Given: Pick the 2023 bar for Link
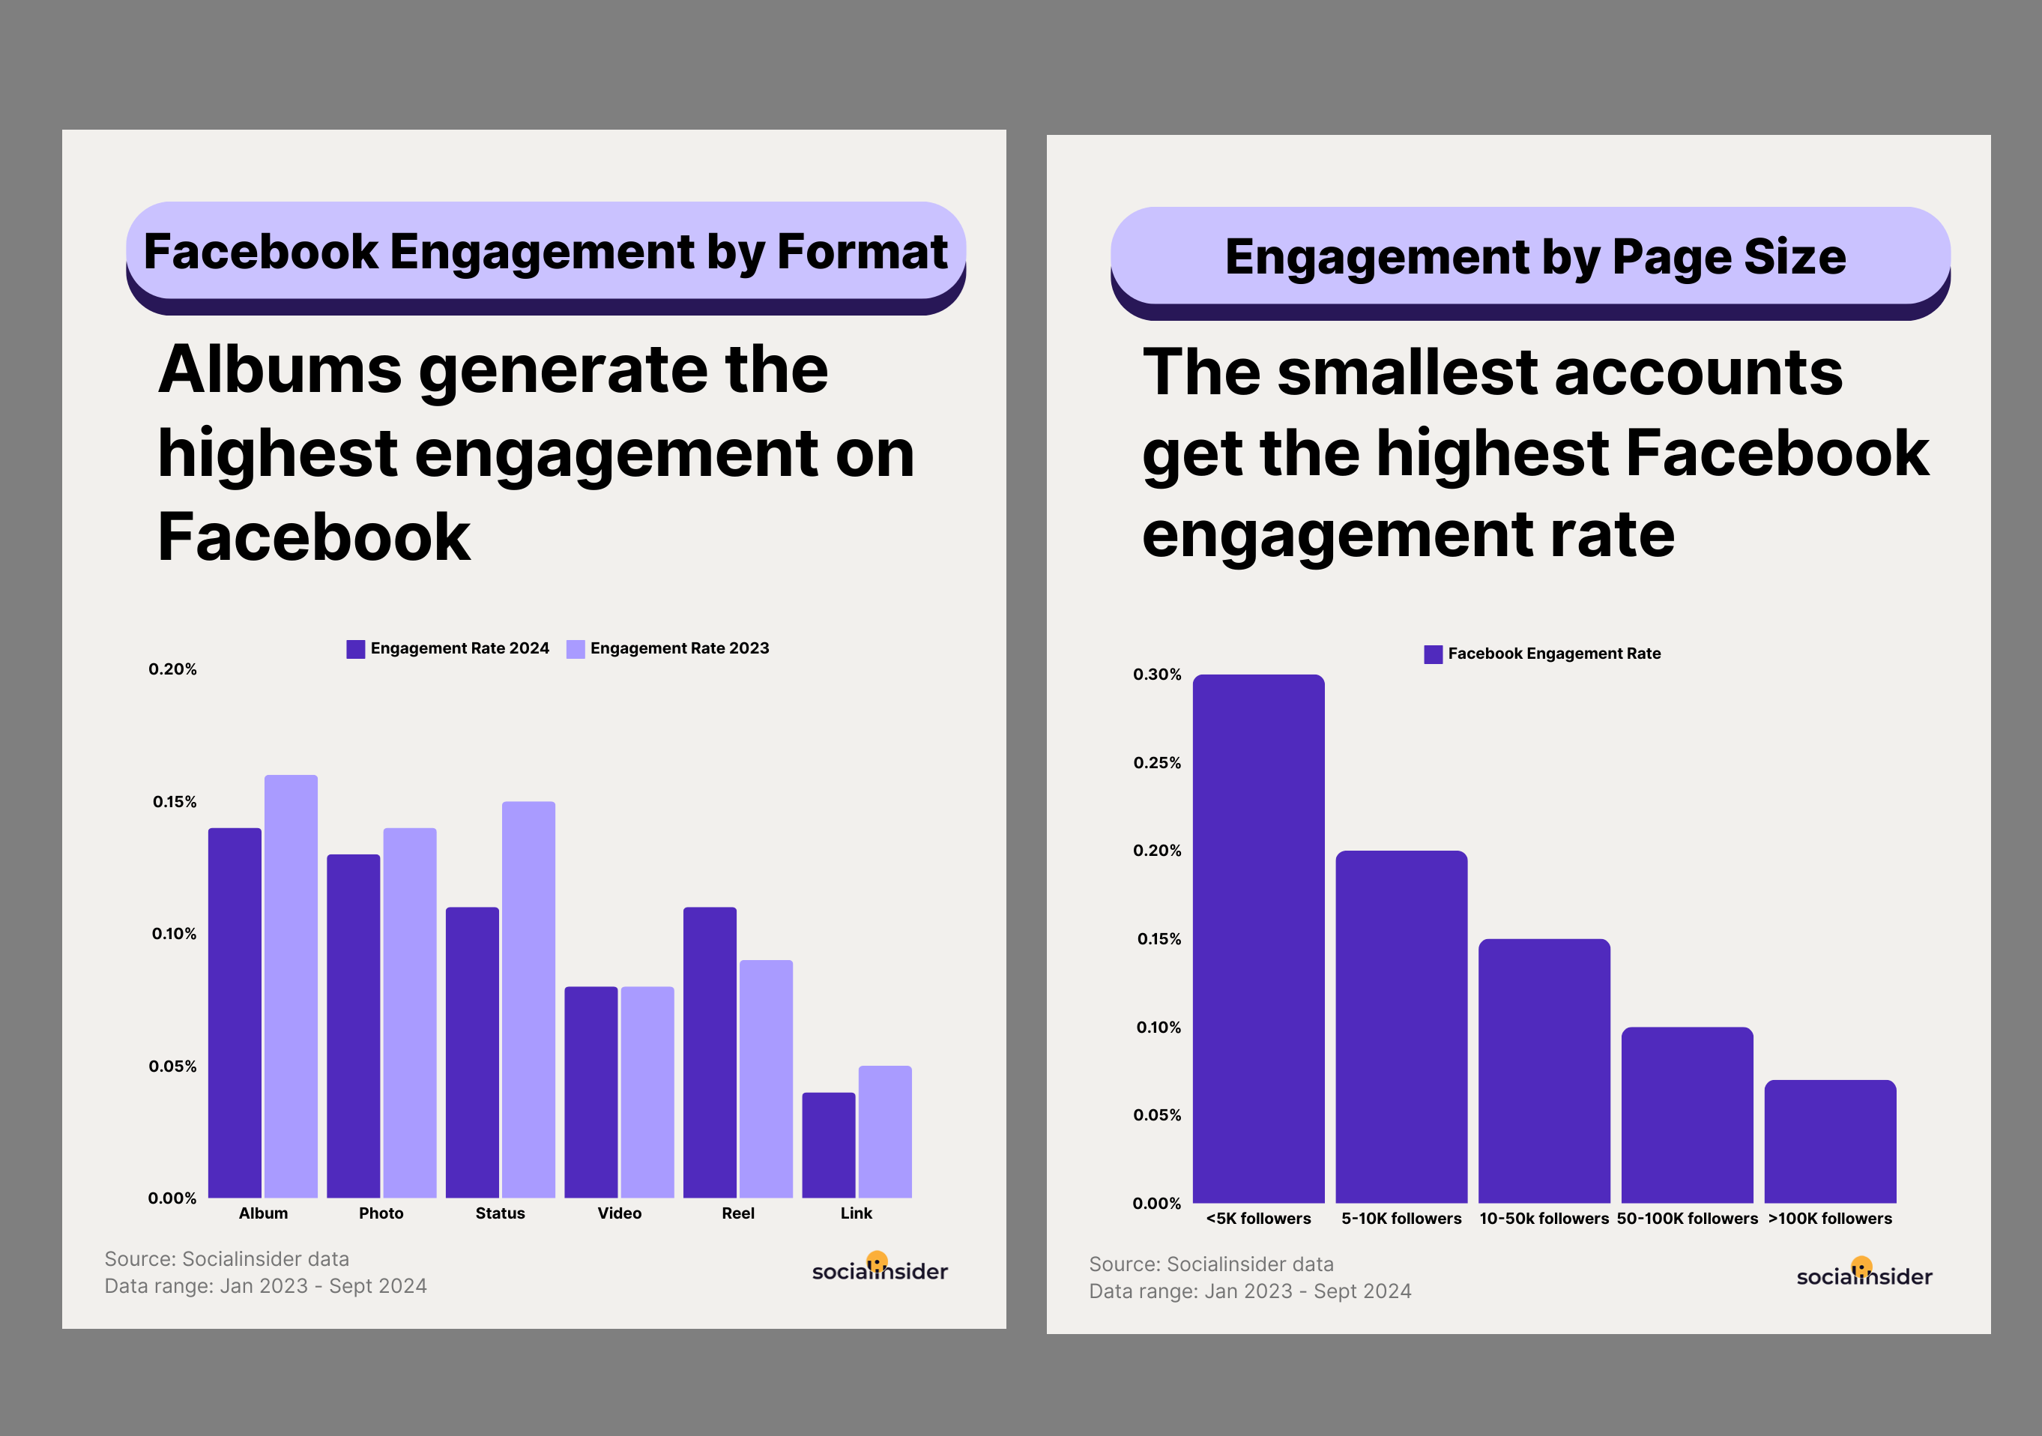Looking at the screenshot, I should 885,1132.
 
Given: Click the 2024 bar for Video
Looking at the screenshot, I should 590,1092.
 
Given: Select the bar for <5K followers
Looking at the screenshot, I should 1258,938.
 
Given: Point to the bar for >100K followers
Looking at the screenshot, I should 1831,1141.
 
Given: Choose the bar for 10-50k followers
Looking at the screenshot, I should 1544,1070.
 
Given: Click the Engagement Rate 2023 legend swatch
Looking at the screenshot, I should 576,648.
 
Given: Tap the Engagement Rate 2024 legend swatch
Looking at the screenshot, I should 356,648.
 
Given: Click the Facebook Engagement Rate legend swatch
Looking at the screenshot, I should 1433,654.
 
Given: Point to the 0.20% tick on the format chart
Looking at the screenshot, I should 172,669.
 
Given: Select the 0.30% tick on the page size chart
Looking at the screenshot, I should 1157,675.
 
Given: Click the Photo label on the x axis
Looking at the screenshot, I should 381,1213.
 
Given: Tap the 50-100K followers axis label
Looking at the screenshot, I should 1687,1218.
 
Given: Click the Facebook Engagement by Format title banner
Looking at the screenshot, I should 546,252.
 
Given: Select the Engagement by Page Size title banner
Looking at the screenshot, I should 1529,257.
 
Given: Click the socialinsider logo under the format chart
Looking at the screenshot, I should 880,1269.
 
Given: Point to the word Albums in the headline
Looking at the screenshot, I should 280,369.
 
